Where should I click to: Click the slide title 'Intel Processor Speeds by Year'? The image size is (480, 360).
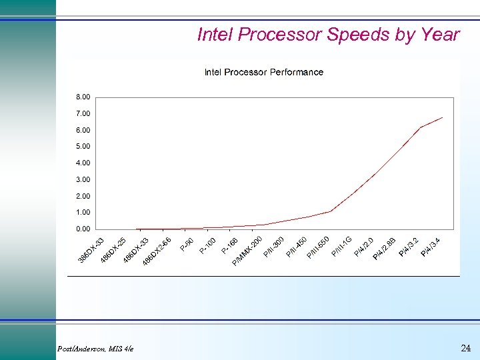[328, 35]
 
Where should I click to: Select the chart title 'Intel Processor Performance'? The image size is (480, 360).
[263, 72]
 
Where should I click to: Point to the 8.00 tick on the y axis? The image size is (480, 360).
[83, 97]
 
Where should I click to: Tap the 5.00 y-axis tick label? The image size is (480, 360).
[83, 147]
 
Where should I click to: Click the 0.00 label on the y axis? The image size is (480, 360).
[83, 229]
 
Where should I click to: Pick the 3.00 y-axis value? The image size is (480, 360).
[83, 180]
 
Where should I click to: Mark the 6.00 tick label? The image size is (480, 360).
[83, 130]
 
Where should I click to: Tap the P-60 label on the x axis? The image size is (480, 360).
[187, 245]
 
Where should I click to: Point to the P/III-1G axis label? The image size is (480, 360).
[341, 249]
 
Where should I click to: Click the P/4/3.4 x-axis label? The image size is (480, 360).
[430, 249]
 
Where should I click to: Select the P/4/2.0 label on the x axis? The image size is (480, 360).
[363, 247]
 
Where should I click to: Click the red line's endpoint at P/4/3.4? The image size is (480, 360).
[443, 117]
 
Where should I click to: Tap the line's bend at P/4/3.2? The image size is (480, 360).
[420, 127]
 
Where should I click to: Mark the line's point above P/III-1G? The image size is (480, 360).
[331, 211]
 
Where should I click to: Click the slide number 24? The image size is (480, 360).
[465, 348]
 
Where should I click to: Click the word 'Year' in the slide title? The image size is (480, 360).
[439, 35]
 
